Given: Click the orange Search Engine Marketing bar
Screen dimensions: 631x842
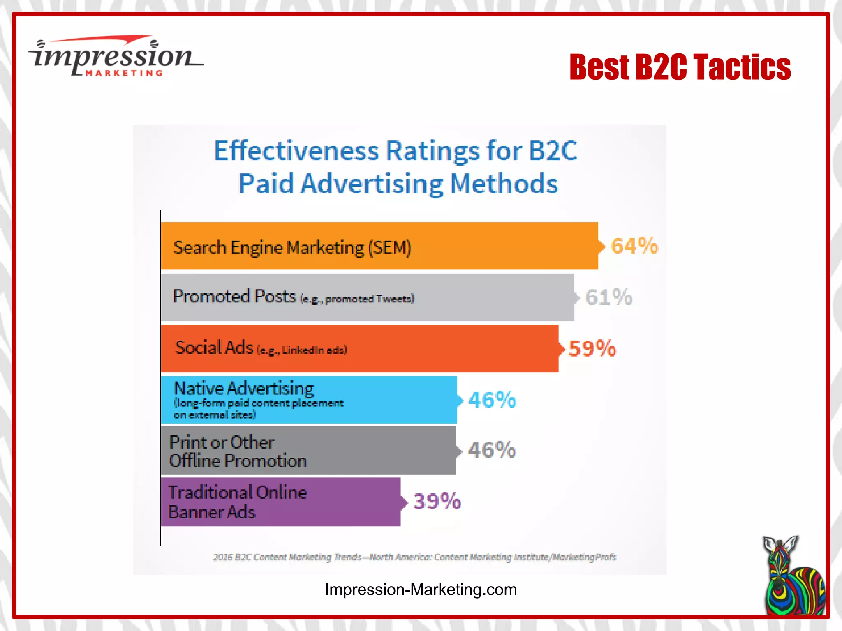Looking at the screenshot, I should pyautogui.click(x=379, y=246).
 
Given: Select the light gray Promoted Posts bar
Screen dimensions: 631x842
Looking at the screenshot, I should pyautogui.click(x=367, y=297).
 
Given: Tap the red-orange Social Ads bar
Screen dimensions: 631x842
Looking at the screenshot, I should pyautogui.click(x=359, y=348).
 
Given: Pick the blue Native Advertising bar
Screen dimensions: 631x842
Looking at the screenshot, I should pyautogui.click(x=308, y=400).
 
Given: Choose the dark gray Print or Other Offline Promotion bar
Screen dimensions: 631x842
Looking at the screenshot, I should pyautogui.click(x=308, y=451).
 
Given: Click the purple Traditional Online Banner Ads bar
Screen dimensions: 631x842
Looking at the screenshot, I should pyautogui.click(x=280, y=502).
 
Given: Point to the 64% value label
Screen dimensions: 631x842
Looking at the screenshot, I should pyautogui.click(x=634, y=246).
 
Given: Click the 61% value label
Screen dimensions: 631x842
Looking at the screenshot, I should pyautogui.click(x=609, y=297).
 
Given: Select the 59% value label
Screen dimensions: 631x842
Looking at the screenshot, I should pyautogui.click(x=592, y=349).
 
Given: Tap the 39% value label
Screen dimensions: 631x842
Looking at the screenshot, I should pyautogui.click(x=437, y=501).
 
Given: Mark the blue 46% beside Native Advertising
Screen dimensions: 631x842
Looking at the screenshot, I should pyautogui.click(x=492, y=400).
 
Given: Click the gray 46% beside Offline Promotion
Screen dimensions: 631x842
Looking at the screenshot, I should pyautogui.click(x=492, y=450).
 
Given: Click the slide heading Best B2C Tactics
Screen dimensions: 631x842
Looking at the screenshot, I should pyautogui.click(x=680, y=67).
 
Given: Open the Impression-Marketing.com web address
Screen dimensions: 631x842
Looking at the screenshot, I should pyautogui.click(x=421, y=590).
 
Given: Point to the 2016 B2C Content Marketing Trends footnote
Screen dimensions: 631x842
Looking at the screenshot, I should pyautogui.click(x=414, y=557).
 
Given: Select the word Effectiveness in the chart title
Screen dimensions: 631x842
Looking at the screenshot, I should pyautogui.click(x=296, y=151).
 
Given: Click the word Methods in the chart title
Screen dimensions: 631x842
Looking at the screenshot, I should pyautogui.click(x=504, y=184).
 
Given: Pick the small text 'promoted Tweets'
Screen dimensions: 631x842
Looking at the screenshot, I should pyautogui.click(x=369, y=299).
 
